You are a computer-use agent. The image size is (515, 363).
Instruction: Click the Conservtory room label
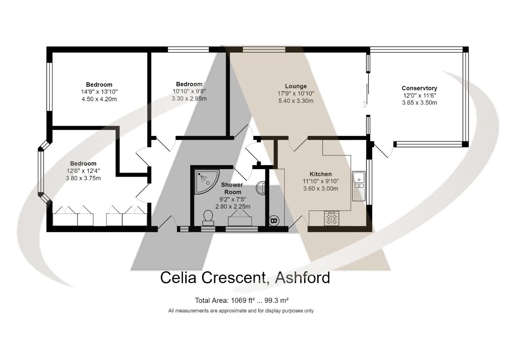coord(419,88)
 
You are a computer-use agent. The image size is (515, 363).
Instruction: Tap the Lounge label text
coord(296,86)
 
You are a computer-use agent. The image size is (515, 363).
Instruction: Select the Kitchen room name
coord(321,174)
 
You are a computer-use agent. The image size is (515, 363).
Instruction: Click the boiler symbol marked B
coord(274,221)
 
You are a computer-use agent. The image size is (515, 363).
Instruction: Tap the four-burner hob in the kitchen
coord(332,218)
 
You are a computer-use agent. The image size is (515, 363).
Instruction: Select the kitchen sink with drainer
coord(359,186)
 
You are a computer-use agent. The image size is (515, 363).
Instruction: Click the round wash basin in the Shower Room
coord(261,188)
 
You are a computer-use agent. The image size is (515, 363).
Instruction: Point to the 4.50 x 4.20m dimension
coord(99,99)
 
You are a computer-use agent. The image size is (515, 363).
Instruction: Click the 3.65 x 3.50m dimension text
coord(419,103)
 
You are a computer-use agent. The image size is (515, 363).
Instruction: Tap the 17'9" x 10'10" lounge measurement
coord(296,93)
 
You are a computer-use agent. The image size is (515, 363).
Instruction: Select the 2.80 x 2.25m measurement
coord(233,206)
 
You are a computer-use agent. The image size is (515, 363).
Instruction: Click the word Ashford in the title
coord(302,278)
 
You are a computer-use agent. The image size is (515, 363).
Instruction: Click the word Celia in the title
coord(178,278)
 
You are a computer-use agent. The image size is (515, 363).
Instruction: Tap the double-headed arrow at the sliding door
coord(364,104)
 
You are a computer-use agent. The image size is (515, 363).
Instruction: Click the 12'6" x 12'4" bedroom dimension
coord(83,171)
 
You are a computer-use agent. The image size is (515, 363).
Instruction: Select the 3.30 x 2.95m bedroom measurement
coord(189,98)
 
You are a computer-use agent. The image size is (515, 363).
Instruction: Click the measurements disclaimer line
coord(241,311)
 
